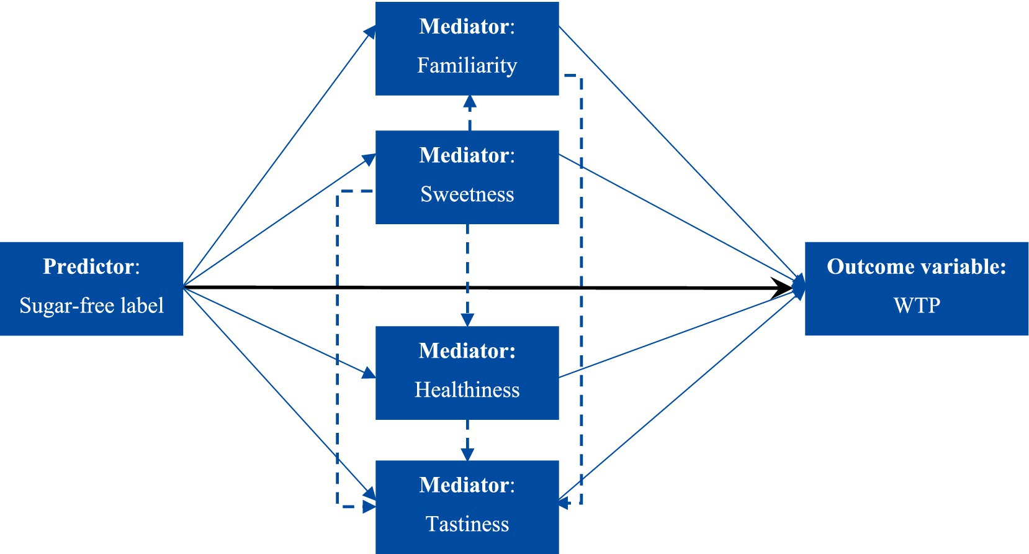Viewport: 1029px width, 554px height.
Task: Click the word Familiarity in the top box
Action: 467,65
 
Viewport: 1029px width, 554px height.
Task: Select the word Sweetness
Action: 467,194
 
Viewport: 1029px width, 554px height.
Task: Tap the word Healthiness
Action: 467,390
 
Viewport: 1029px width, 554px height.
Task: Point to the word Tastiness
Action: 467,524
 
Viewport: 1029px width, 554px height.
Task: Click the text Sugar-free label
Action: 91,306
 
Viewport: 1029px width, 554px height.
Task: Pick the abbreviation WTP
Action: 917,306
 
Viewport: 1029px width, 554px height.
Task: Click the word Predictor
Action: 88,266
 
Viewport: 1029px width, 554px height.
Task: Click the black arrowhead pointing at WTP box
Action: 783,288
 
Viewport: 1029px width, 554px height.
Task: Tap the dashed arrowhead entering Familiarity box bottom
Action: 470,102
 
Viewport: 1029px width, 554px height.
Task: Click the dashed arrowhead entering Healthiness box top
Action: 467,319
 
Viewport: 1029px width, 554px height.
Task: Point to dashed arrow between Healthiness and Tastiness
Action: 467,440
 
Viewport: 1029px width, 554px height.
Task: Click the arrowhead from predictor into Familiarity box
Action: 371,32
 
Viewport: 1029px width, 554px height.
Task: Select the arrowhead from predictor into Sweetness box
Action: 370,160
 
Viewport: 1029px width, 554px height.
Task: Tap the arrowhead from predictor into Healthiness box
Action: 369,373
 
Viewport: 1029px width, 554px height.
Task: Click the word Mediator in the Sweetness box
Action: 464,155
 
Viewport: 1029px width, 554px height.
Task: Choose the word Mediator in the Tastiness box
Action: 464,485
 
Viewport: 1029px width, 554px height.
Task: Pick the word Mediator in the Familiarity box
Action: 464,27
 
